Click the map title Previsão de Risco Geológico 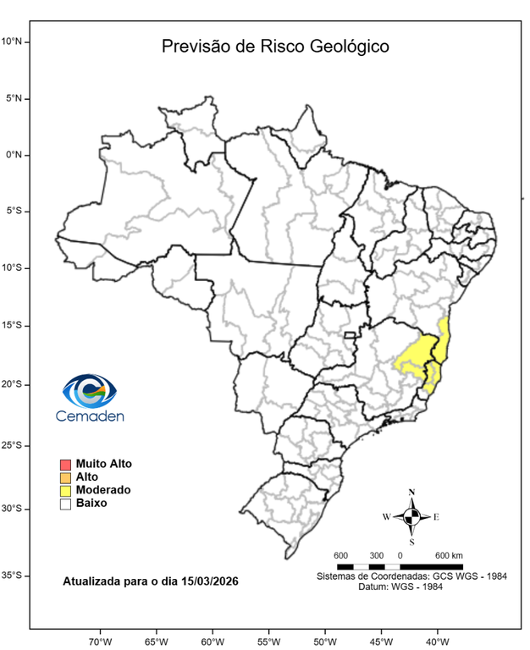(x=275, y=47)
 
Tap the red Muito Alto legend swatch (x=65, y=465)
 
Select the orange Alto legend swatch (x=65, y=477)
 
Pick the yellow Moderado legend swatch (x=65, y=491)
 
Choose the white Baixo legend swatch (x=65, y=504)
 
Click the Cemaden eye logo (x=89, y=390)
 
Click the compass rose (x=411, y=516)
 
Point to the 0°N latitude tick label (x=19, y=155)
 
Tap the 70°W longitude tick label (x=100, y=640)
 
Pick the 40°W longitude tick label (x=437, y=640)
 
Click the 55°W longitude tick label (x=268, y=640)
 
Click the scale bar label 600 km (x=449, y=555)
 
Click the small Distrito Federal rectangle (x=349, y=336)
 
